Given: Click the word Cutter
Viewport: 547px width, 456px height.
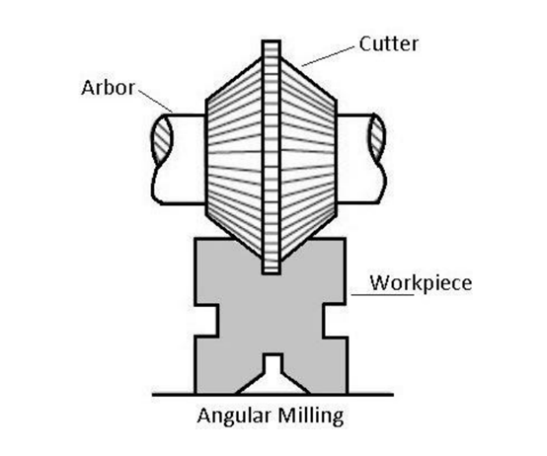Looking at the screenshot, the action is click(389, 44).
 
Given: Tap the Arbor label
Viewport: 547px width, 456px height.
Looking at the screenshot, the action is click(108, 88).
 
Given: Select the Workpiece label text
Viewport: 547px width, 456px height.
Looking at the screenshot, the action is click(421, 283).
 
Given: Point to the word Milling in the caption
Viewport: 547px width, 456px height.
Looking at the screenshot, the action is click(311, 416).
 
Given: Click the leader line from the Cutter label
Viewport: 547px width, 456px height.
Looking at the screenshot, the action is click(328, 56).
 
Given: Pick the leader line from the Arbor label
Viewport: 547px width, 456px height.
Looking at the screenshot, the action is click(156, 101).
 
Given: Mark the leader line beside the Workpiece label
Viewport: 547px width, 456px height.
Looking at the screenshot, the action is click(382, 295).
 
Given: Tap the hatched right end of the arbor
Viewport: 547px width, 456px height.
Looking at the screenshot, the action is click(377, 138).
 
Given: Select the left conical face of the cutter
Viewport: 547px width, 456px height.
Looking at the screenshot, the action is click(234, 156).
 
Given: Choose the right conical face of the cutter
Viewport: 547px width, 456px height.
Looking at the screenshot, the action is click(309, 156).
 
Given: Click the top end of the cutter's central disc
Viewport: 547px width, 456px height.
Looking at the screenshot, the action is click(272, 41).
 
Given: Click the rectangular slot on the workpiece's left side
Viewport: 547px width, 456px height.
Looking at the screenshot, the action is click(206, 321).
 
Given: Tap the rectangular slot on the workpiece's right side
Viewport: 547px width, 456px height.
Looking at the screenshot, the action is click(336, 321).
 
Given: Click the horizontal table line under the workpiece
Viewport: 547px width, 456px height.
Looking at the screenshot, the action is click(273, 395).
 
